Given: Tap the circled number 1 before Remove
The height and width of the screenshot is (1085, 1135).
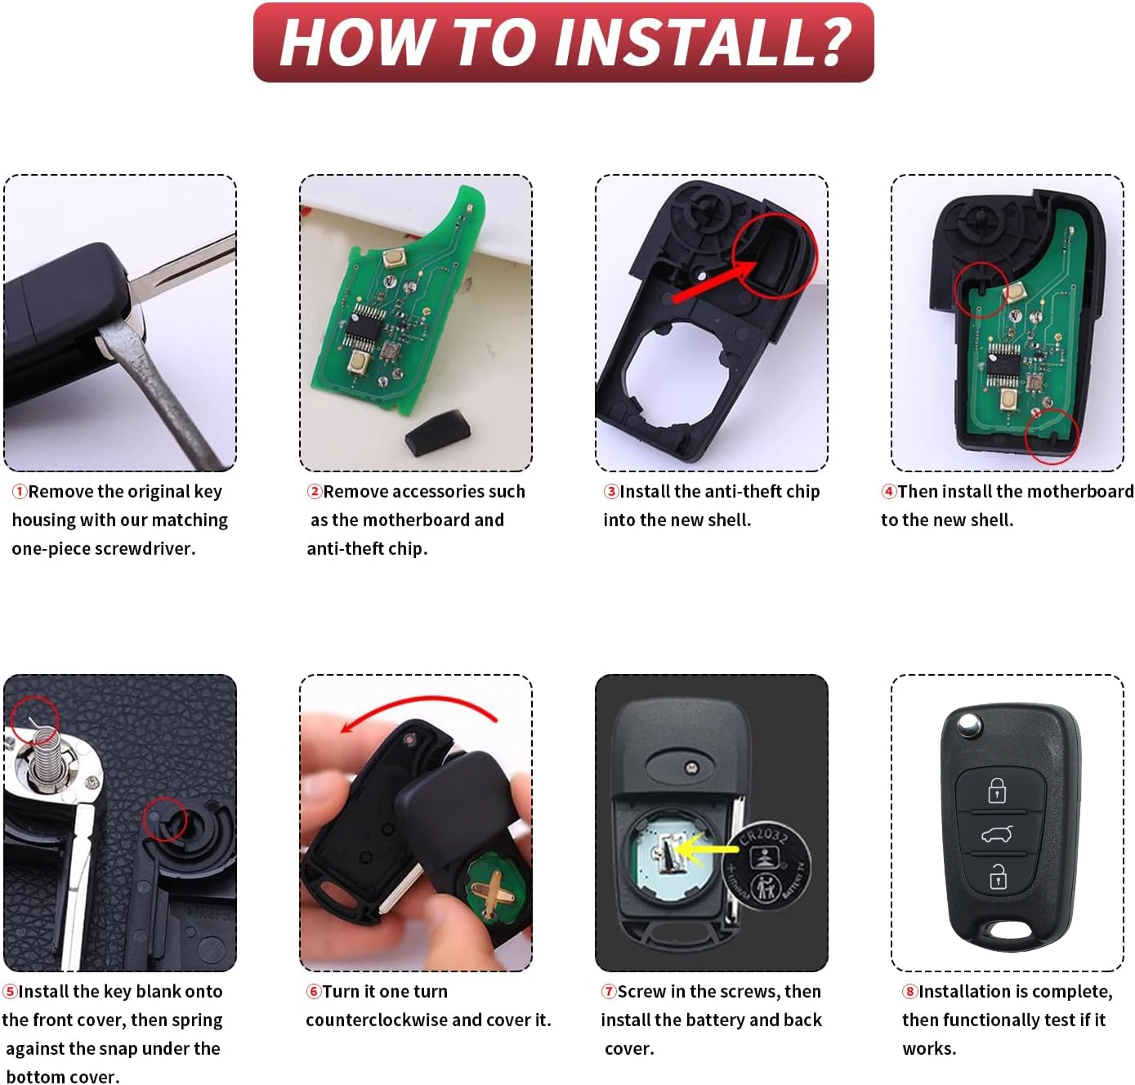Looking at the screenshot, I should point(20,492).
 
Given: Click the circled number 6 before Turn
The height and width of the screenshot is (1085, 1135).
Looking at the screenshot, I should point(314,992).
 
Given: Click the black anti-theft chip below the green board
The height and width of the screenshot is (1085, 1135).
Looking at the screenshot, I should point(438,433).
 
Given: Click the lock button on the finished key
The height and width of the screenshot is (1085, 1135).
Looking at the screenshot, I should point(997,790).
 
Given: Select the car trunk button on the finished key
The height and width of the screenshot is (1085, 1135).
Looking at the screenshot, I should point(996,834).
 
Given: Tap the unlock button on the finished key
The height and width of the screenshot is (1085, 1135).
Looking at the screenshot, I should point(998,877).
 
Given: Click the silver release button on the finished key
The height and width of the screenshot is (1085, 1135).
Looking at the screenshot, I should point(970,724).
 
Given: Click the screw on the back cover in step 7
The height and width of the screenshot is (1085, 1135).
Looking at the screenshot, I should point(691,768).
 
